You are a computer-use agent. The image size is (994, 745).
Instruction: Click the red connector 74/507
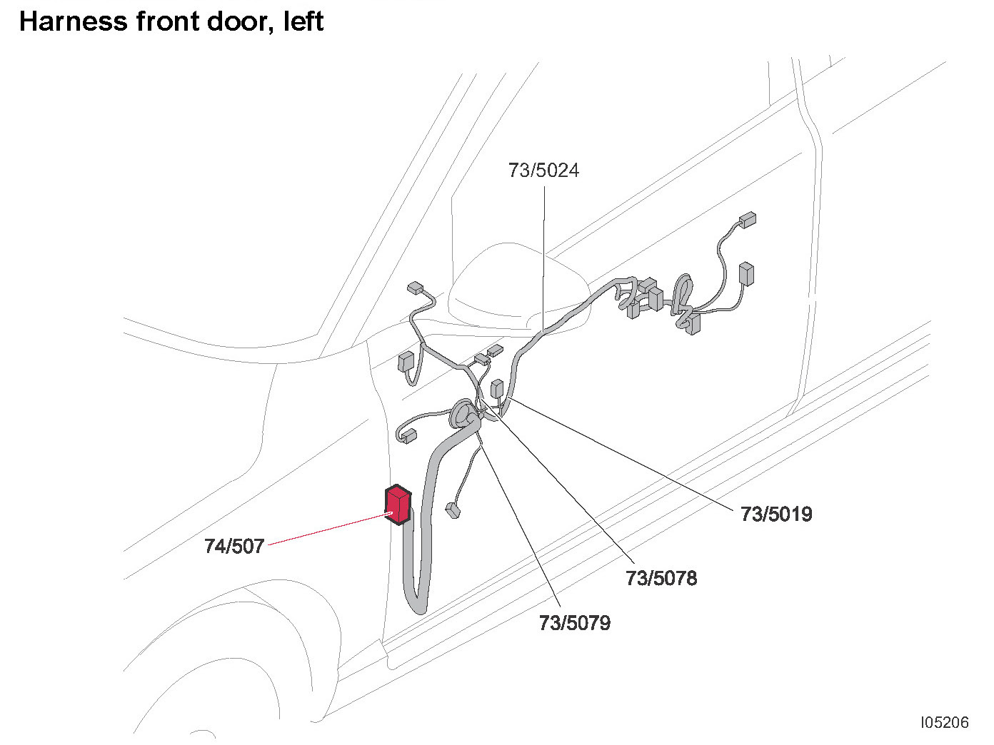coord(398,506)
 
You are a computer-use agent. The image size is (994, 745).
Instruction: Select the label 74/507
coord(234,546)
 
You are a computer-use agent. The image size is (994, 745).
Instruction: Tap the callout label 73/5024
coord(543,171)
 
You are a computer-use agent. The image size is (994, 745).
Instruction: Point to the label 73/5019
coord(776,515)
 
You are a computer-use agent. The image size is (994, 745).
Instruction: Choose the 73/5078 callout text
coord(661,578)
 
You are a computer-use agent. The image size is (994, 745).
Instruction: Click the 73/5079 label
coord(575,623)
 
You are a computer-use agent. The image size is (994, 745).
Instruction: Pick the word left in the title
coord(303,21)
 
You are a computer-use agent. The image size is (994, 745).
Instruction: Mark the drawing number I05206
coord(945,722)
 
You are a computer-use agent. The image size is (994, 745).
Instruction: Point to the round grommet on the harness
coord(463,415)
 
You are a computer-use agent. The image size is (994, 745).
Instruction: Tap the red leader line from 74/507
coord(328,529)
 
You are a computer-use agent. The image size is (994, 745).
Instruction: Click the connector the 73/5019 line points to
coord(498,389)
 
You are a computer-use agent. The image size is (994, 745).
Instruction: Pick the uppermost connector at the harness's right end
coord(748,220)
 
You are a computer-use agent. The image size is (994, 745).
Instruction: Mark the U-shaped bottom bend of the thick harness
coord(416,603)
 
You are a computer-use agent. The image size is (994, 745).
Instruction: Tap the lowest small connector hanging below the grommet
coord(452,510)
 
